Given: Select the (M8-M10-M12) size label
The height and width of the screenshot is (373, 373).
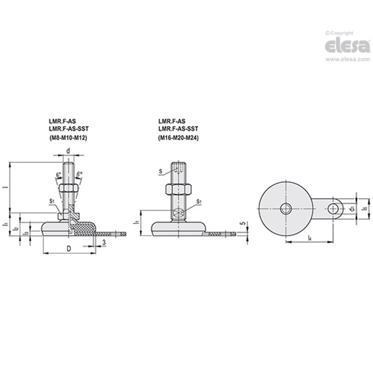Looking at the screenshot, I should (x=68, y=138).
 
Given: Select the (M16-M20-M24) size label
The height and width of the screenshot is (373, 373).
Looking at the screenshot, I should (x=179, y=138).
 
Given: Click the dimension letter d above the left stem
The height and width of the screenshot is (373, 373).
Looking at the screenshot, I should (x=68, y=151).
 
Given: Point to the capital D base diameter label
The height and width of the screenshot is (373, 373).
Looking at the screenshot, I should (x=69, y=249).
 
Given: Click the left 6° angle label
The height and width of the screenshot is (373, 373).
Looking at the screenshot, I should (x=59, y=175).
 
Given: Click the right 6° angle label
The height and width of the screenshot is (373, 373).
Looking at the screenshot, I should (x=80, y=175).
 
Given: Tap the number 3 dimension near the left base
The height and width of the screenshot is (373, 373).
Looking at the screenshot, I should (x=104, y=242).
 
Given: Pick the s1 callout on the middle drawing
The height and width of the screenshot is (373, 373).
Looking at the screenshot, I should (x=199, y=202).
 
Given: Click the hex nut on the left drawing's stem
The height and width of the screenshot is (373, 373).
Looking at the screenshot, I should (x=69, y=188).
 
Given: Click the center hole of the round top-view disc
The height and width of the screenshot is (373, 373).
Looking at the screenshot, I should (x=285, y=209).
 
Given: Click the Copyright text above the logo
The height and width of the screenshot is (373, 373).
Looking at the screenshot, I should (x=340, y=33).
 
